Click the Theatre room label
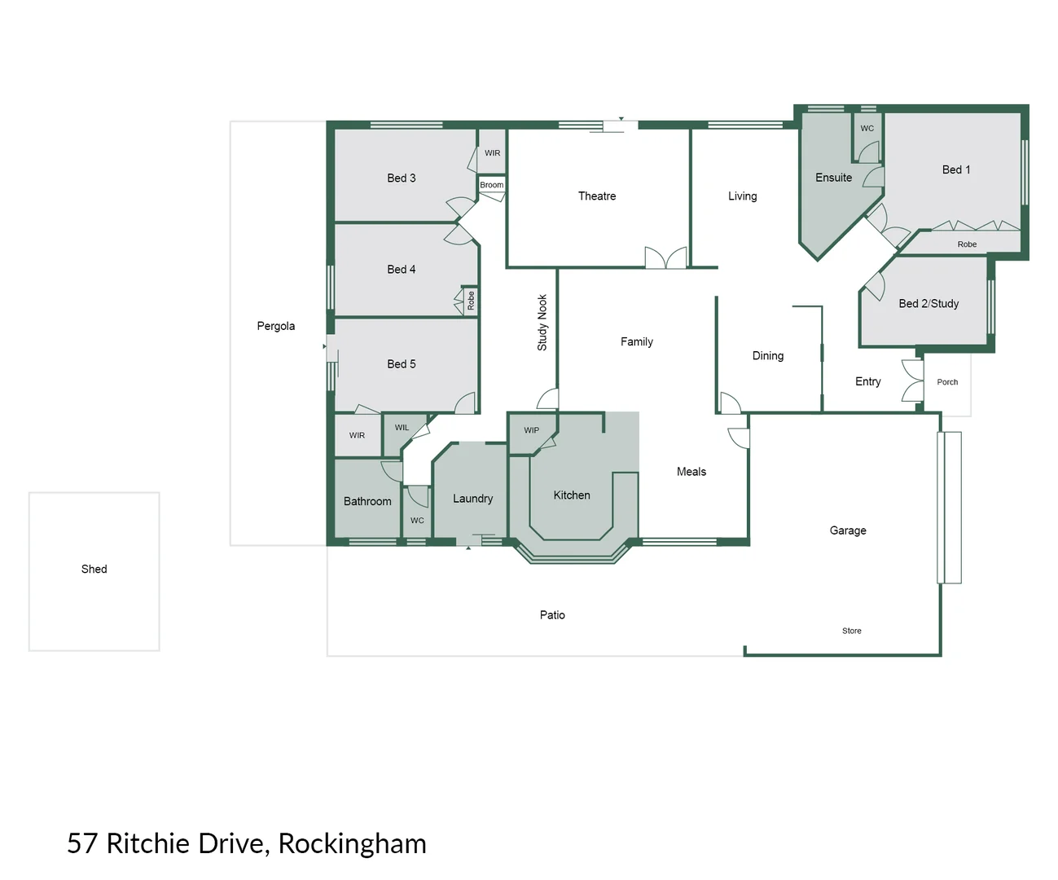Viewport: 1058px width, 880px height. [597, 196]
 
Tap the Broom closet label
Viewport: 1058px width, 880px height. [492, 185]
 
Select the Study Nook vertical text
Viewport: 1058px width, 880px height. [542, 323]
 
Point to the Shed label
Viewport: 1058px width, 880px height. [94, 569]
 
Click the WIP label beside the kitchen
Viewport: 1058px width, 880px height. [532, 430]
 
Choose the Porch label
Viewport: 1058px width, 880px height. [947, 382]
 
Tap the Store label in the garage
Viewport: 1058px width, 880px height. [852, 631]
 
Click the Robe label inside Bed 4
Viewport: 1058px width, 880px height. [471, 301]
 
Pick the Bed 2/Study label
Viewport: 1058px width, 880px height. [928, 304]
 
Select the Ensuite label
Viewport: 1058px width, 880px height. [833, 178]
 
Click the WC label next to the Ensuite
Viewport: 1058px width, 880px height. [867, 129]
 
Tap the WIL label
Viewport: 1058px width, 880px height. [402, 428]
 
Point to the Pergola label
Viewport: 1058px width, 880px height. [276, 326]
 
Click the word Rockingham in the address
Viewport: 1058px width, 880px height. [352, 843]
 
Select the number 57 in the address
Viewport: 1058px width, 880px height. [82, 843]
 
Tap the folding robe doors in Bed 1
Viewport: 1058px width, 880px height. [976, 225]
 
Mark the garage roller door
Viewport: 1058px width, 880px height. [949, 507]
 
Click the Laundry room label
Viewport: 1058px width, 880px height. [473, 499]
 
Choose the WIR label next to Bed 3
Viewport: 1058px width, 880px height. [493, 153]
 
